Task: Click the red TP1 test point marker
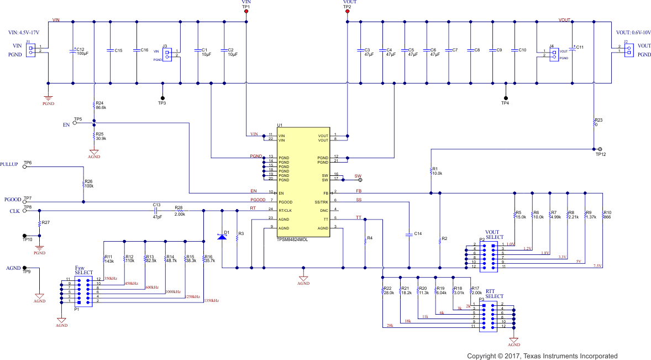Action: click(246, 11)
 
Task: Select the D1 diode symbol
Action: click(222, 237)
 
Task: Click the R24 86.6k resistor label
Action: click(101, 106)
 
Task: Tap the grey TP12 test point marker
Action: click(600, 149)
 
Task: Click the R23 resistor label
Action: click(599, 122)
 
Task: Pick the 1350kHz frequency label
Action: click(211, 301)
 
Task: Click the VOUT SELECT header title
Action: click(495, 234)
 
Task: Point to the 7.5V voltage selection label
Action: click(597, 266)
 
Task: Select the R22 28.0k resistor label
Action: click(388, 291)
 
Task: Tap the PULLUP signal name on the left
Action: click(9, 165)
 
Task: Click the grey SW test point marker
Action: click(360, 180)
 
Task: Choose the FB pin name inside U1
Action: click(326, 193)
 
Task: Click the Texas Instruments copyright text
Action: click(542, 356)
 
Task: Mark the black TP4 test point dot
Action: click(505, 97)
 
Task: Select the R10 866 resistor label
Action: click(607, 215)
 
